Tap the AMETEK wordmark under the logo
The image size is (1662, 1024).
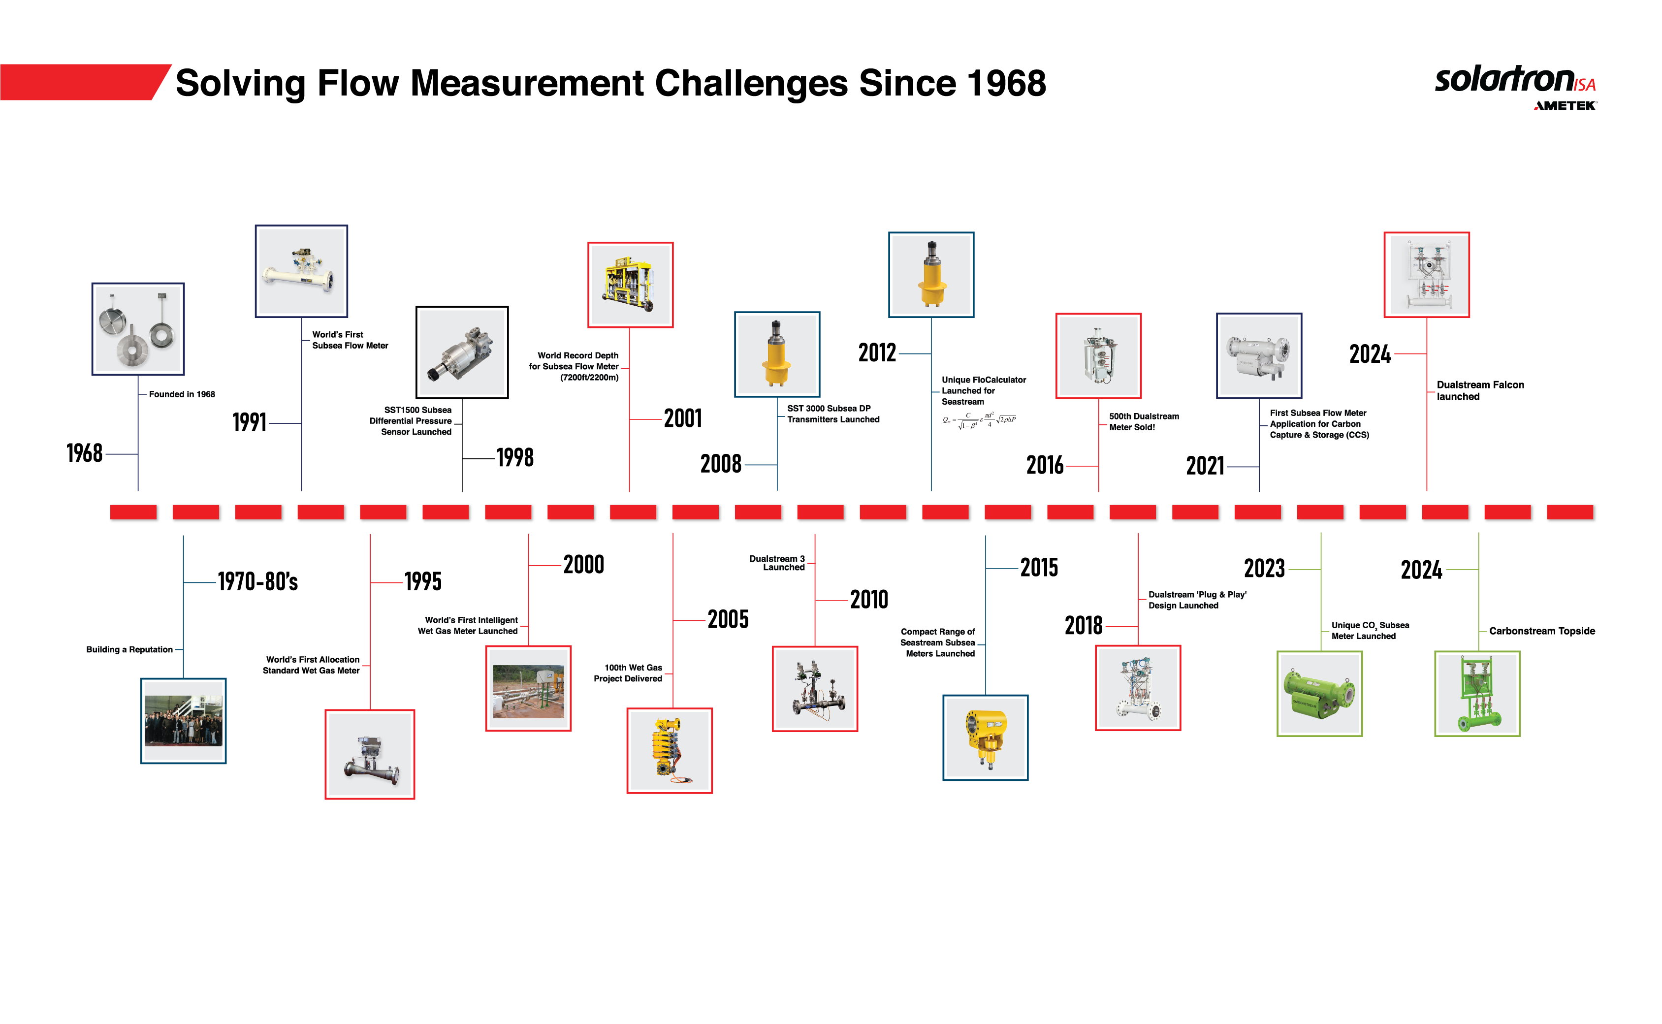(x=1565, y=106)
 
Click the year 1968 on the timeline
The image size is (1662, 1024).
(x=85, y=453)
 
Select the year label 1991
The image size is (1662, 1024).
(x=249, y=422)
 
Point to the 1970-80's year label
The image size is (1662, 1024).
(x=257, y=581)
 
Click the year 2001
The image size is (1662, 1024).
(x=683, y=418)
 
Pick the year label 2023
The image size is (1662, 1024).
(x=1264, y=568)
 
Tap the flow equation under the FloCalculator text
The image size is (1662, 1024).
(x=979, y=420)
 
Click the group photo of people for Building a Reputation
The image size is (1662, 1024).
(x=184, y=721)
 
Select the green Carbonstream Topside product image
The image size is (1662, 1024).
(x=1477, y=694)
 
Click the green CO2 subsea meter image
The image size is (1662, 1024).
(x=1319, y=694)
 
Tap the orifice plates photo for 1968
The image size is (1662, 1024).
(x=138, y=329)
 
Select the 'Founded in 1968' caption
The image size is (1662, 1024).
(x=182, y=394)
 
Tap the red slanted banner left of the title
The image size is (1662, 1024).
(x=81, y=82)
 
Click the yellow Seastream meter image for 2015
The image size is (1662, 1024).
(x=986, y=737)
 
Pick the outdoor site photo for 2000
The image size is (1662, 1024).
(x=528, y=689)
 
